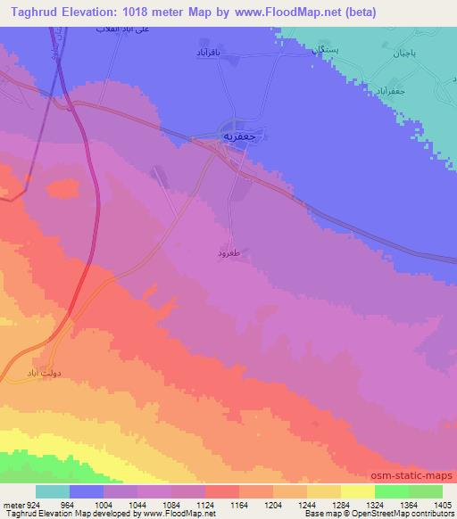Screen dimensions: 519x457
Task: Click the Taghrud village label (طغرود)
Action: [230, 254]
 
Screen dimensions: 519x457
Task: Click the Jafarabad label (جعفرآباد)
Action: [412, 89]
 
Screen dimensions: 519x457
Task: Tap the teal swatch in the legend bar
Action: [53, 491]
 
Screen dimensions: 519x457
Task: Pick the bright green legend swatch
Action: [390, 491]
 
